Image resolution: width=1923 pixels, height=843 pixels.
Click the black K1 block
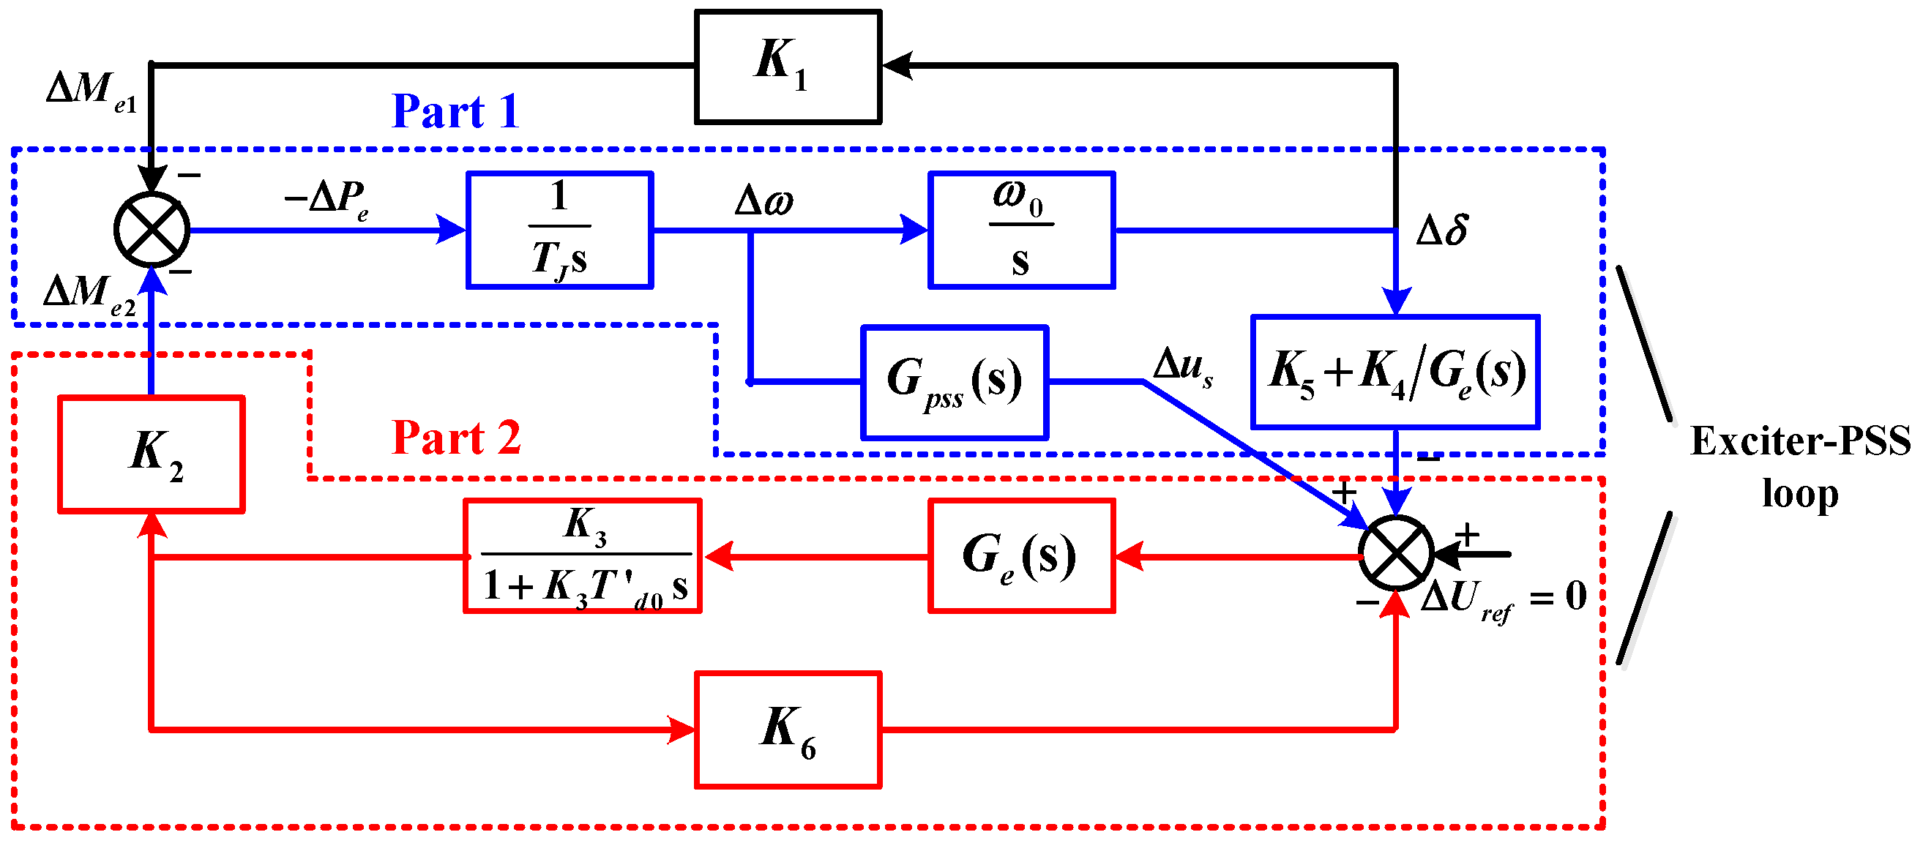tap(788, 66)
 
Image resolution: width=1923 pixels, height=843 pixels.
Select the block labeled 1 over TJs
tap(560, 230)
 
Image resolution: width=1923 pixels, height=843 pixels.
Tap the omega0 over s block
tap(1020, 230)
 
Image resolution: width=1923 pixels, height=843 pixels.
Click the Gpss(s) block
tap(954, 382)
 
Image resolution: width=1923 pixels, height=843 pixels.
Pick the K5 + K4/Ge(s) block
tap(1394, 372)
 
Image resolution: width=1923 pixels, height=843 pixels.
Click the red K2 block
tap(152, 454)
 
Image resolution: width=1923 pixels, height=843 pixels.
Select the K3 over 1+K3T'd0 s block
tap(582, 556)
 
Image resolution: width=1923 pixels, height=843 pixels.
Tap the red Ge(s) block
tap(1020, 556)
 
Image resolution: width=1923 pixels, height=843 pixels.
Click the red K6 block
tap(788, 729)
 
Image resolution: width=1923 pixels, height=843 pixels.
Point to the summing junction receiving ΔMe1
tap(152, 230)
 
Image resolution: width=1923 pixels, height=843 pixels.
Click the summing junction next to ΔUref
tap(1396, 552)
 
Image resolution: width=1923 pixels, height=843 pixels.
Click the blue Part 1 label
tap(455, 112)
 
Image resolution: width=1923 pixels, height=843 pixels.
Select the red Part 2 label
tap(455, 437)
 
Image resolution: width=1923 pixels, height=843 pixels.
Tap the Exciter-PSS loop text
tap(1799, 466)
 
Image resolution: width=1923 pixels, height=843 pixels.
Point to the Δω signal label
tap(763, 200)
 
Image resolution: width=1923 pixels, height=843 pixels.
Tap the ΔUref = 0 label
tap(1502, 598)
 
